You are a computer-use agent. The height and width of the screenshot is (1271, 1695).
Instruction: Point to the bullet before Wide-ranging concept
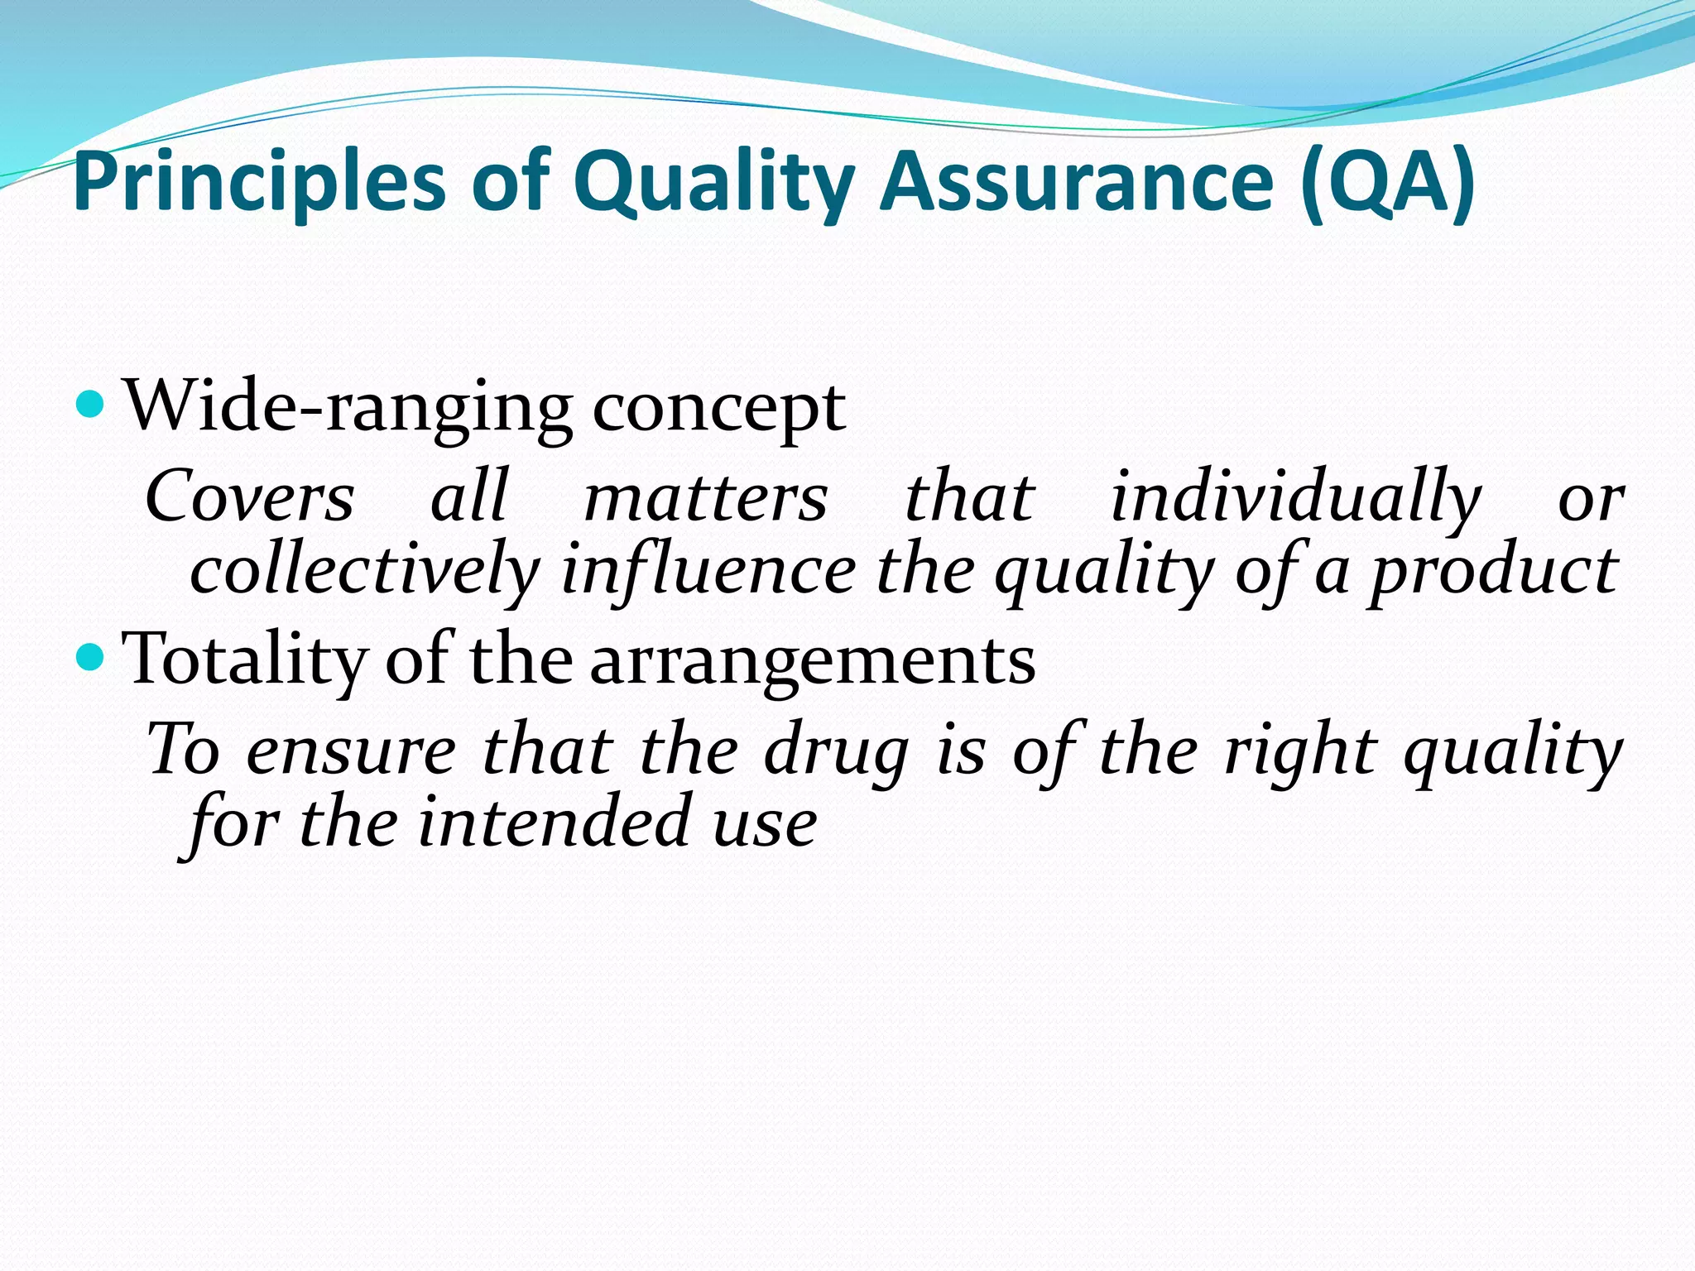click(x=89, y=405)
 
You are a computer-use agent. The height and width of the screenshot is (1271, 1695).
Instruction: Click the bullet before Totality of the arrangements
click(x=89, y=658)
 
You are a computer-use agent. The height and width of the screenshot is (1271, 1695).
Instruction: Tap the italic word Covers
click(x=249, y=496)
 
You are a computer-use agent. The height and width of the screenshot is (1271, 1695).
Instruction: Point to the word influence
click(x=708, y=571)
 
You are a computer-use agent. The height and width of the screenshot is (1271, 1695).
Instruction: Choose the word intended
click(x=554, y=823)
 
